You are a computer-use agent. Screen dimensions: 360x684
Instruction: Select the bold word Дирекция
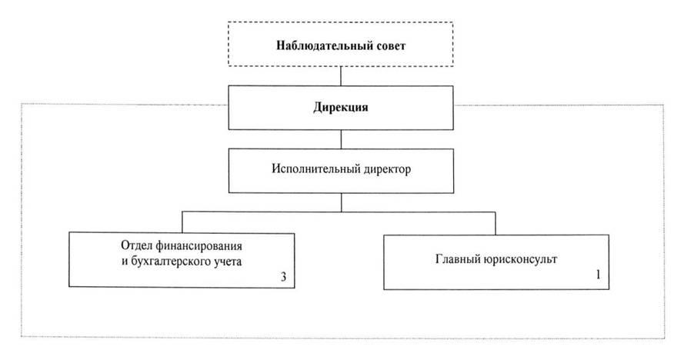(x=340, y=108)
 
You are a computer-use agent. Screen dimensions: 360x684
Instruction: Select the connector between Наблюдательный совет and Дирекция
(x=341, y=75)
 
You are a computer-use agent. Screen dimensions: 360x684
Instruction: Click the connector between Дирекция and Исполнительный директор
(x=341, y=138)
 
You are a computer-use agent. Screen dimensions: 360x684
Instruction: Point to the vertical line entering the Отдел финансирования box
(x=182, y=222)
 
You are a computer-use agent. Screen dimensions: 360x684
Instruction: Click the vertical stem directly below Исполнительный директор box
(x=341, y=201)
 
